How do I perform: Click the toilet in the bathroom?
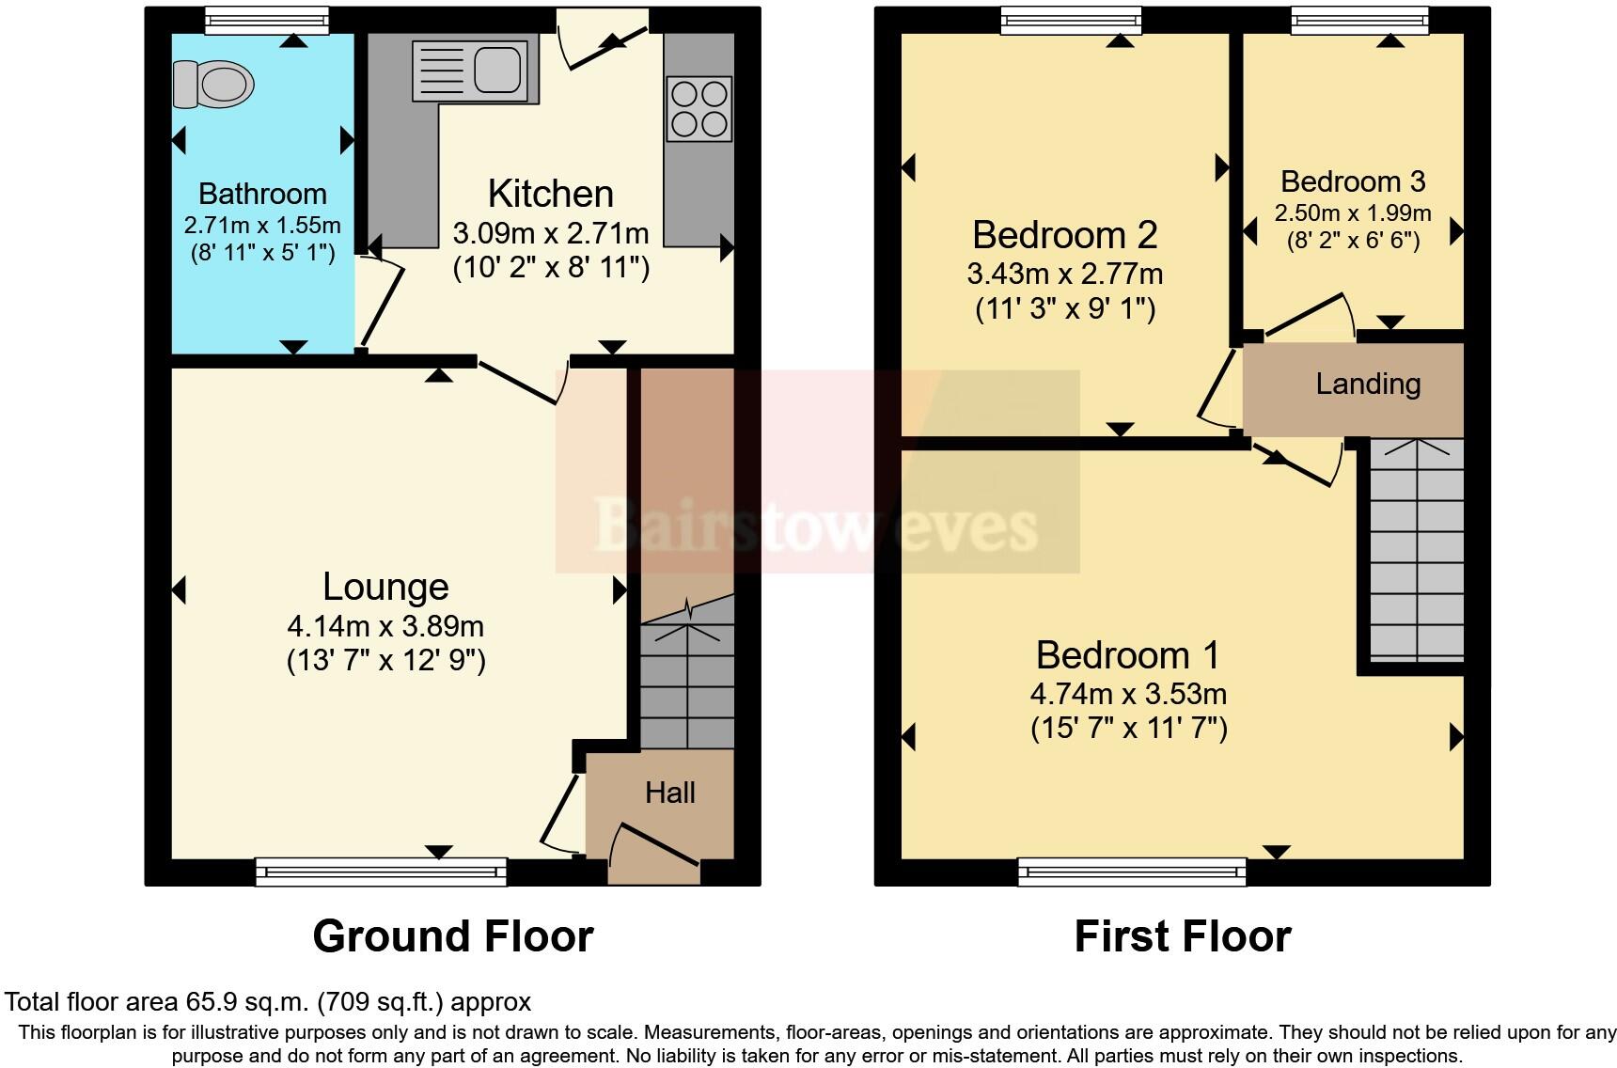(x=214, y=84)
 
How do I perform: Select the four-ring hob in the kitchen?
(x=699, y=109)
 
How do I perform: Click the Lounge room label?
(x=385, y=587)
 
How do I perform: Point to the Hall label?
(x=669, y=793)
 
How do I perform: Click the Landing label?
(x=1368, y=384)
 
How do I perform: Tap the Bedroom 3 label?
(x=1353, y=181)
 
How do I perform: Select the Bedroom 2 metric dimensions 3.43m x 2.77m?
(x=1064, y=274)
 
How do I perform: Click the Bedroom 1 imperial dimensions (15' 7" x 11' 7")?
(x=1128, y=729)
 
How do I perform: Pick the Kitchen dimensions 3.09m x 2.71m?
(x=551, y=232)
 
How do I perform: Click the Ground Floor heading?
(x=453, y=936)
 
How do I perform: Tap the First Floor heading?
(x=1183, y=936)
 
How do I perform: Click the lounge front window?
(x=381, y=872)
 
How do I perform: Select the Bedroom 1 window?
(x=1132, y=872)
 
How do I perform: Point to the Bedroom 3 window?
(x=1359, y=20)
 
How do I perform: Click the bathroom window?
(x=267, y=20)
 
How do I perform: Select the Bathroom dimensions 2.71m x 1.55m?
(x=262, y=226)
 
